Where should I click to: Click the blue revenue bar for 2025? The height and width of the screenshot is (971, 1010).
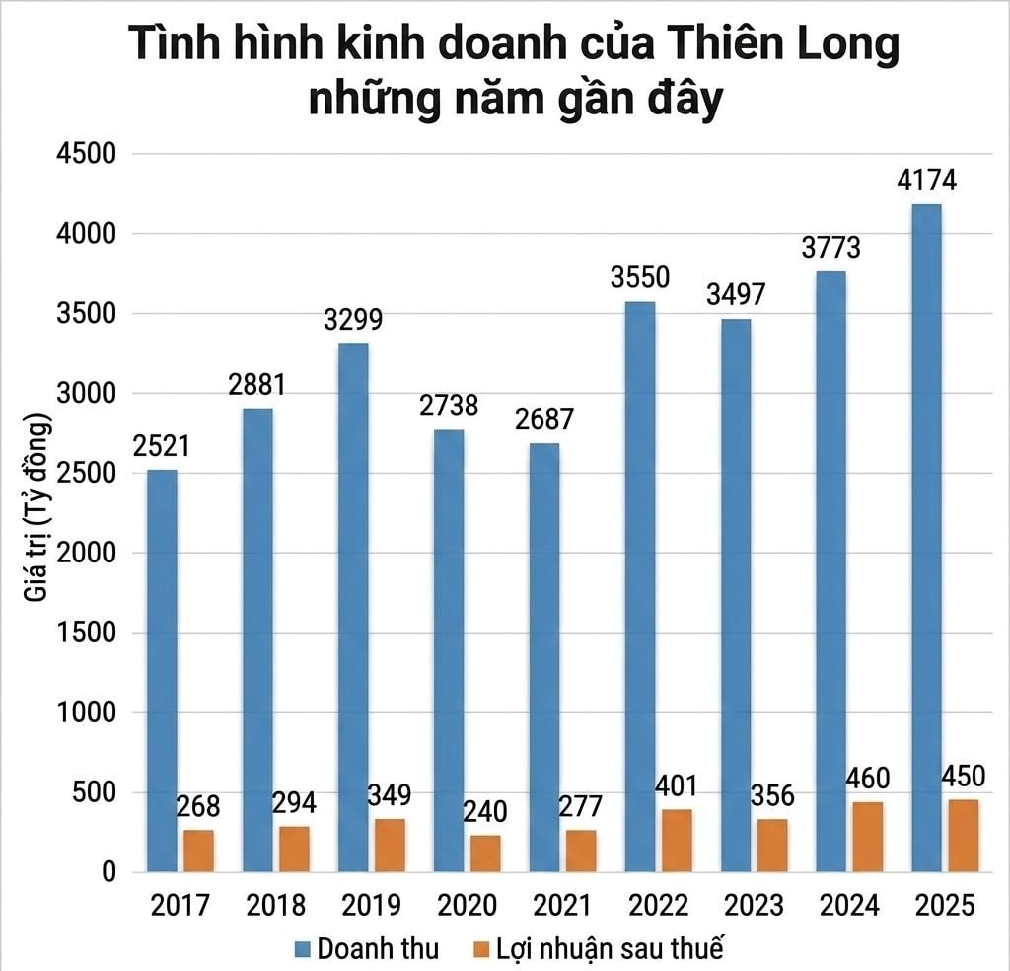(927, 538)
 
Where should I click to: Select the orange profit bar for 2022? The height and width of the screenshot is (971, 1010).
(677, 840)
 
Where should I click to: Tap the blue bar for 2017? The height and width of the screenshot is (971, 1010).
(163, 671)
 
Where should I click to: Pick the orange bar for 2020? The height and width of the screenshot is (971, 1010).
(485, 854)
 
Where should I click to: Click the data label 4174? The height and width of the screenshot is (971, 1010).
(926, 182)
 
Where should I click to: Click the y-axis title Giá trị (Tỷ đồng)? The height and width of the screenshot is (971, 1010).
(38, 513)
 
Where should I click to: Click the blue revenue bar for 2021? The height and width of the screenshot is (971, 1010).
(543, 657)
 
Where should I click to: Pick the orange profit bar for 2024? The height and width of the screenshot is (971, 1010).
(868, 837)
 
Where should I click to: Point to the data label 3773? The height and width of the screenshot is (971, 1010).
(830, 248)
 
